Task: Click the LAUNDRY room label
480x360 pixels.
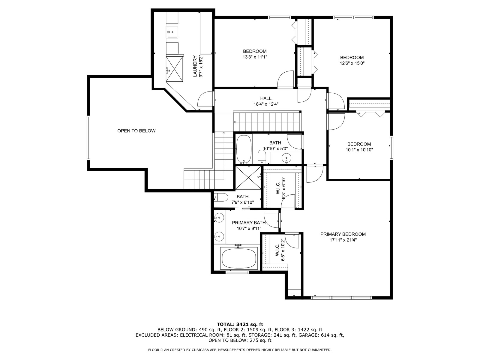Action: tap(195, 66)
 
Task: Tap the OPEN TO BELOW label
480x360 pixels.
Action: tap(136, 131)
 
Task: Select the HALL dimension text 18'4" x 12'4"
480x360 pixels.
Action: tap(266, 104)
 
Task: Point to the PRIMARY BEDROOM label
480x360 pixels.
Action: tap(343, 234)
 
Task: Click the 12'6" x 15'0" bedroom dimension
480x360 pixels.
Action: tap(352, 63)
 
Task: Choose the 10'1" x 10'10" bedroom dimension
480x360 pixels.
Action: tap(359, 150)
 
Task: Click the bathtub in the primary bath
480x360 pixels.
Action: tap(239, 259)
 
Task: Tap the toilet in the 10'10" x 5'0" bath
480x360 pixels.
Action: tap(262, 157)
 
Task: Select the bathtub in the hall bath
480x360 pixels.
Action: tap(244, 149)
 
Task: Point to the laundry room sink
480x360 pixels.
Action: tap(172, 32)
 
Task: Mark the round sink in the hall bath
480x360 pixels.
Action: tap(286, 157)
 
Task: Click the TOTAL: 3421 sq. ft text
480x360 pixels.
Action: tap(240, 324)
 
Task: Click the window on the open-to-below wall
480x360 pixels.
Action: tap(88, 138)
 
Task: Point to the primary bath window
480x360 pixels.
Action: tap(237, 272)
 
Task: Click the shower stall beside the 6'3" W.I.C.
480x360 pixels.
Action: tap(248, 178)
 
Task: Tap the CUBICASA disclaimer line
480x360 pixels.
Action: tap(240, 350)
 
